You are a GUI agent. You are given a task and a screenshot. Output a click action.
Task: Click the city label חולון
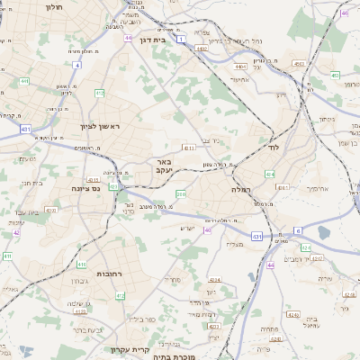point(53,5)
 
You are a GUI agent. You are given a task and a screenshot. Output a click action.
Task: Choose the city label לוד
point(274,147)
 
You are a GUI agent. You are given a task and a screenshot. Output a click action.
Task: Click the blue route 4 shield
point(76,65)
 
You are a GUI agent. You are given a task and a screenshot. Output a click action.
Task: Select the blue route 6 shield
point(297,230)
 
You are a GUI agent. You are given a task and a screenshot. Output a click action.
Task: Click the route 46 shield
point(345,13)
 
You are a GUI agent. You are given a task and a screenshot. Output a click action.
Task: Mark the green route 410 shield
point(81,265)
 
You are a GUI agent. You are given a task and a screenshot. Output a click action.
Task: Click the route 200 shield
point(181,193)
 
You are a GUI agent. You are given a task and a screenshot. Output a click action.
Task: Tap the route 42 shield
point(17,232)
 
